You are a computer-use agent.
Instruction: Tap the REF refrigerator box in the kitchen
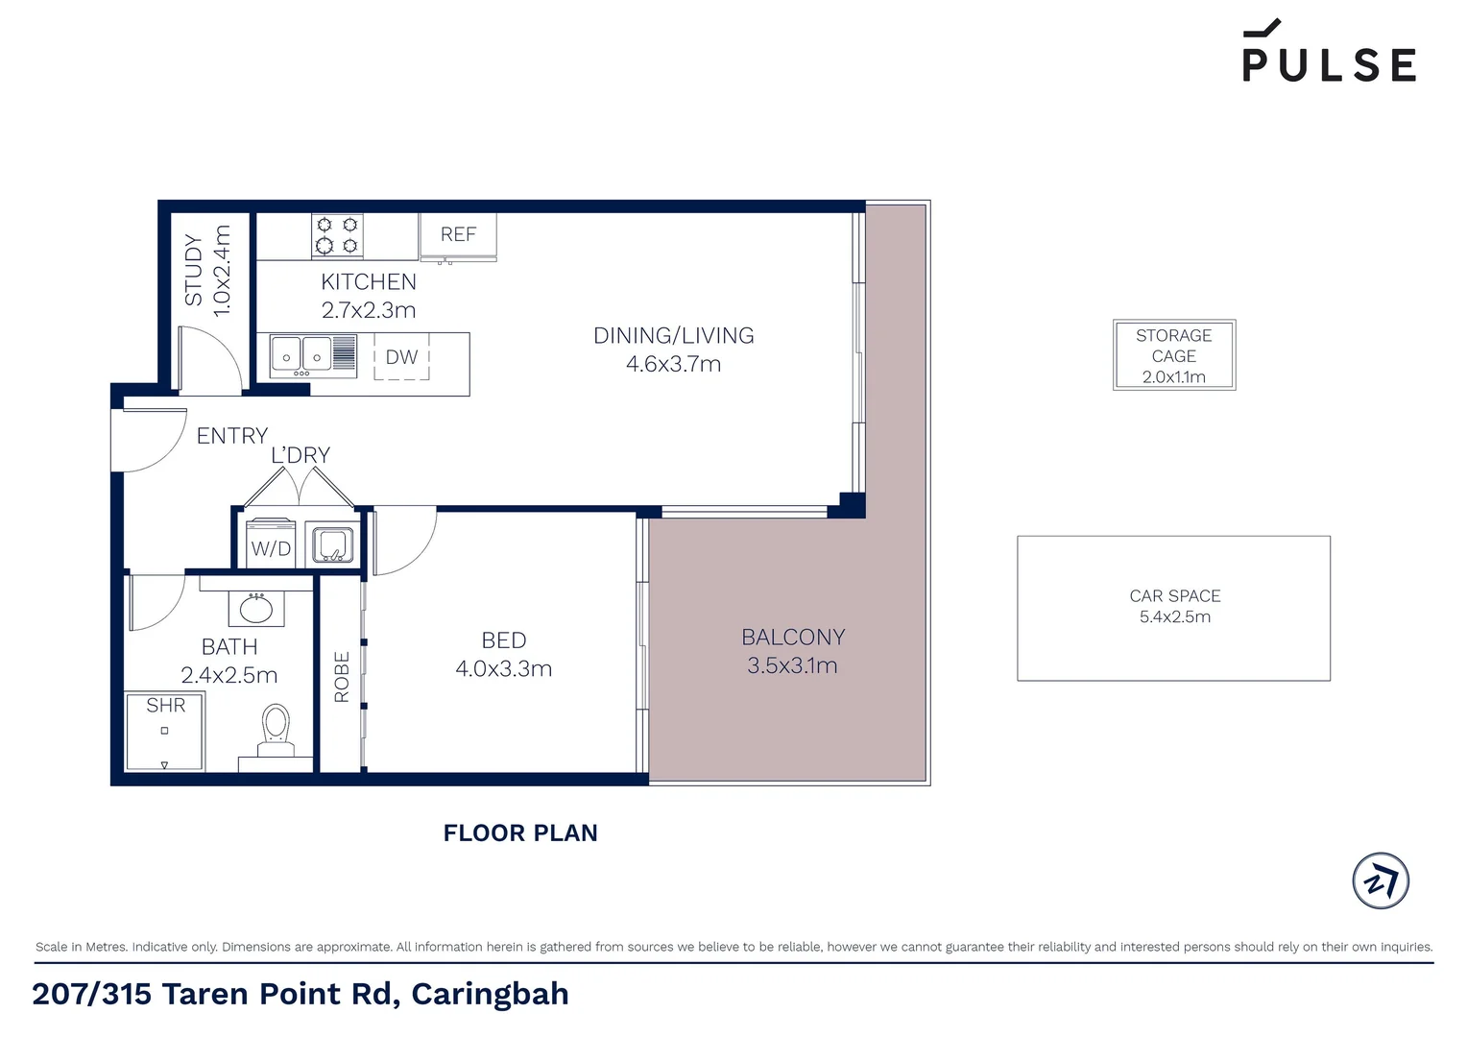coord(458,235)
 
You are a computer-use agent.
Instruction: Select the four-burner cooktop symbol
coord(337,235)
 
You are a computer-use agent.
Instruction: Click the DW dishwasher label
coord(401,357)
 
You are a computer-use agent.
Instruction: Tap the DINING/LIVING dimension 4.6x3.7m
coord(673,364)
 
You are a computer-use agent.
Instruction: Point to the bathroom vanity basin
coord(255,608)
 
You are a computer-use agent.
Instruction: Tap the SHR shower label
coord(165,706)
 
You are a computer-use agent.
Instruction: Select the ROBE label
coord(342,677)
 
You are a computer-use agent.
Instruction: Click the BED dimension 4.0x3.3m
coord(503,668)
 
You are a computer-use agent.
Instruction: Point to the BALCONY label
coord(793,638)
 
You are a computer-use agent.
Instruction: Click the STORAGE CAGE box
coord(1173,355)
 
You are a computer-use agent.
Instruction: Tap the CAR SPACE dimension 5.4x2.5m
coord(1174,617)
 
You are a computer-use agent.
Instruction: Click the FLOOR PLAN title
coord(520,833)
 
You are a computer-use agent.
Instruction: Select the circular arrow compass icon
coord(1380,880)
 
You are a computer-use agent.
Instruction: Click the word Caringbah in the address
coord(490,994)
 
